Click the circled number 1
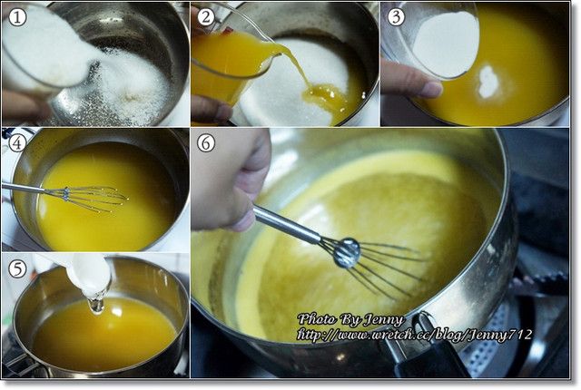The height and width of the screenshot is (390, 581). [x=17, y=16]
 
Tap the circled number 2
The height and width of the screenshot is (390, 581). [x=206, y=16]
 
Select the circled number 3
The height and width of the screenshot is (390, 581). [x=396, y=16]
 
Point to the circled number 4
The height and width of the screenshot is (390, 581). [x=17, y=142]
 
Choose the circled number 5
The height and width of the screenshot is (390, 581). [x=17, y=269]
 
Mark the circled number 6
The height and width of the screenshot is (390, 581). [x=206, y=143]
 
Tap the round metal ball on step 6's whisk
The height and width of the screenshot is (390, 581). [x=347, y=253]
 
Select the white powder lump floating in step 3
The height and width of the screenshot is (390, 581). [x=488, y=83]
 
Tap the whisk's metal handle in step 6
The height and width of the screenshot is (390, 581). [x=286, y=223]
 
